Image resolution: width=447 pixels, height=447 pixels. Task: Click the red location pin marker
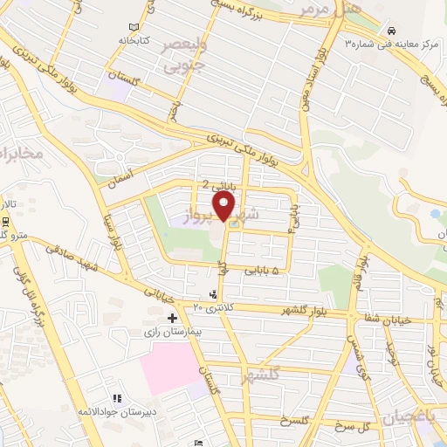[225, 207]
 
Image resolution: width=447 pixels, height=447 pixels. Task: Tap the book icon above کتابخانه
[133, 28]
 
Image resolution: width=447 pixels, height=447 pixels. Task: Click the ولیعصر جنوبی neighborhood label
[182, 55]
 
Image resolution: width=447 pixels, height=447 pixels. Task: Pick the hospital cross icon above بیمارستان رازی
[172, 319]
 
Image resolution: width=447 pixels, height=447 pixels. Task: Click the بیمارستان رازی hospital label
[172, 333]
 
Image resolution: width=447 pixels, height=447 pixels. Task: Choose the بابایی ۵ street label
[266, 272]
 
